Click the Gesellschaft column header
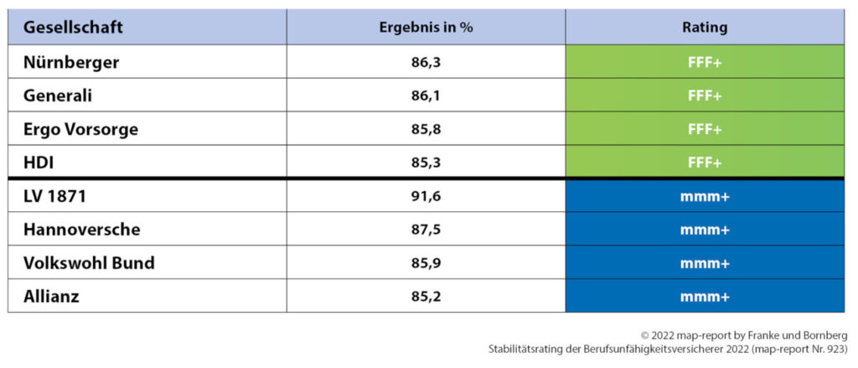[x=74, y=28]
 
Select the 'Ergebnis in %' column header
[x=426, y=28]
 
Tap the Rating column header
[x=705, y=28]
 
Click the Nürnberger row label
[x=72, y=63]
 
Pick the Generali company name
[x=58, y=96]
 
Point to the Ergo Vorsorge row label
[x=81, y=129]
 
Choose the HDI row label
[x=39, y=161]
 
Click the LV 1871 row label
[x=55, y=197]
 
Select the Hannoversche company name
[x=82, y=230]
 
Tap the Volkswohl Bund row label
[x=89, y=262]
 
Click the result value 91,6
[x=426, y=197]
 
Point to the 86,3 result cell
[x=426, y=63]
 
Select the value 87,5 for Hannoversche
[x=426, y=230]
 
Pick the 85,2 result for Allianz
[x=426, y=295]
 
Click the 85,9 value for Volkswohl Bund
[x=426, y=262]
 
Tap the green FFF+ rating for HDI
[x=705, y=161]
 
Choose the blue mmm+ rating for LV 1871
[x=705, y=197]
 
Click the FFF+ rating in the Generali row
[x=705, y=96]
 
